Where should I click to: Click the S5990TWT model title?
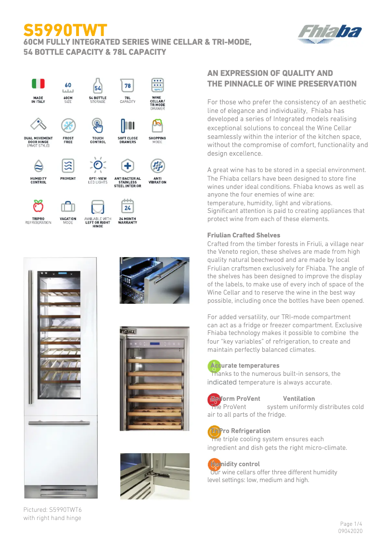[x=65, y=30]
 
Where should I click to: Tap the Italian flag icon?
[x=38, y=84]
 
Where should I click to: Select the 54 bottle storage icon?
[x=98, y=86]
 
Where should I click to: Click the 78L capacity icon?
[x=128, y=86]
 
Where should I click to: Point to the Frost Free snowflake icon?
[x=68, y=126]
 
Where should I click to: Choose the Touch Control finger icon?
[x=98, y=126]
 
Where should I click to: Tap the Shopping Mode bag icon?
[x=157, y=126]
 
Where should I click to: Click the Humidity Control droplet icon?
[x=38, y=166]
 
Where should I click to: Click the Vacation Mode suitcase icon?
[x=68, y=207]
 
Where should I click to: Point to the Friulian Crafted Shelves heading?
[x=244, y=235]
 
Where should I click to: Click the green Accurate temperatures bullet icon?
[x=214, y=366]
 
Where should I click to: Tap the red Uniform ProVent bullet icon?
[x=214, y=399]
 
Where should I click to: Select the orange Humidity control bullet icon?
[x=214, y=465]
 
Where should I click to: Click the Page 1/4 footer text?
[x=351, y=523]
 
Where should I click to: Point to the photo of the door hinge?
[x=154, y=476]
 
